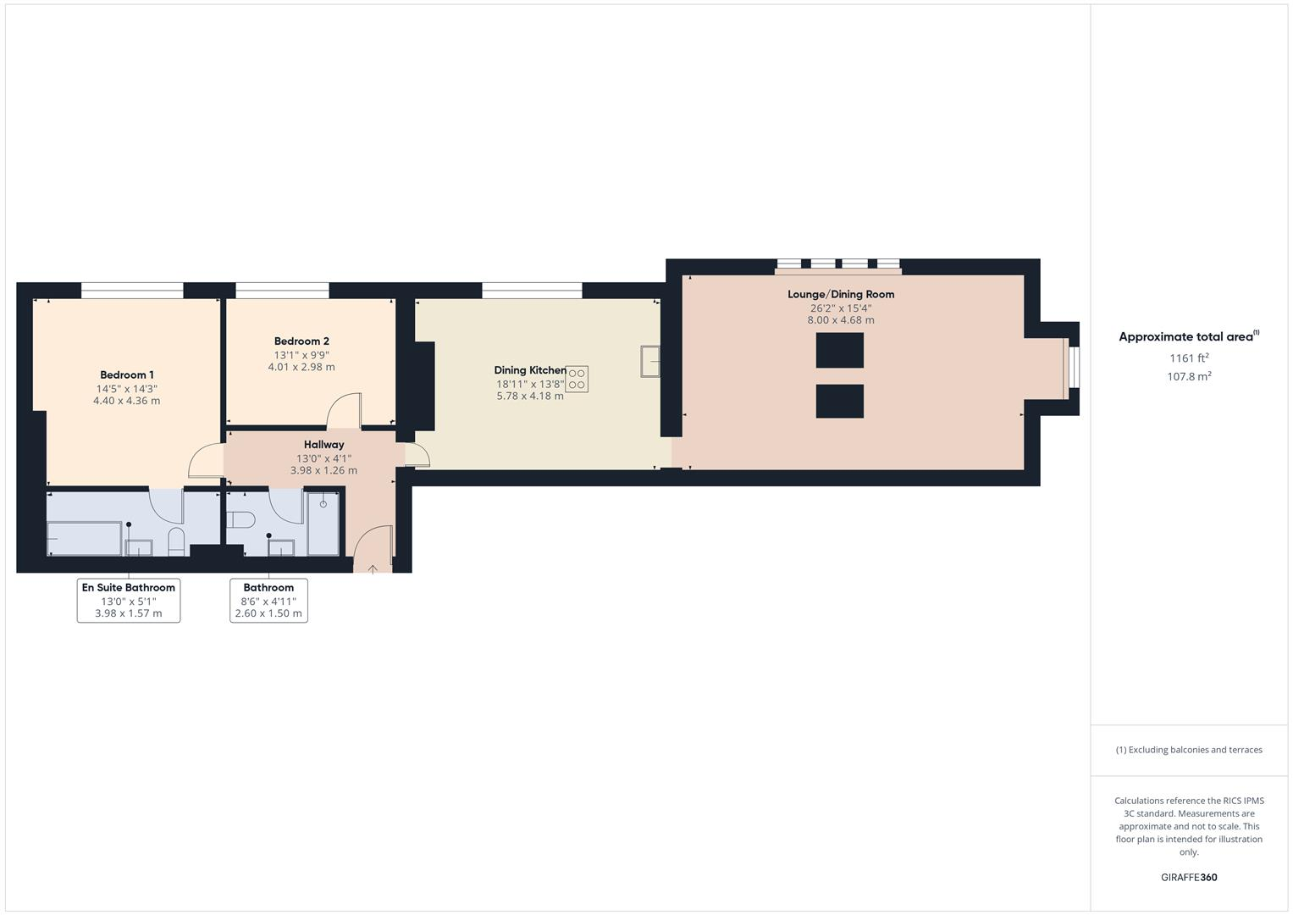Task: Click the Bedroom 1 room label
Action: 127,374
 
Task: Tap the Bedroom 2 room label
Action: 301,341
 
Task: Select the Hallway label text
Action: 323,444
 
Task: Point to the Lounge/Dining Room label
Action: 841,294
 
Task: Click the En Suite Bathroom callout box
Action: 129,600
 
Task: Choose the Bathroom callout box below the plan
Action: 268,600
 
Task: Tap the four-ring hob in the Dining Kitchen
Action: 577,379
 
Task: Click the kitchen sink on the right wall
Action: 650,360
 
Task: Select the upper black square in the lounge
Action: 839,350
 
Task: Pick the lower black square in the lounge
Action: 839,401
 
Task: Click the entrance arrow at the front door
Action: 373,568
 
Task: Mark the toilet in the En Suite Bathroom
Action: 176,541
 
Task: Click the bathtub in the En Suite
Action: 84,538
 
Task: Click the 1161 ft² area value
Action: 1189,358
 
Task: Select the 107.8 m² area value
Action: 1189,376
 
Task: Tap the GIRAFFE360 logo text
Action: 1189,877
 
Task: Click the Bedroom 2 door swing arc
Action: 345,409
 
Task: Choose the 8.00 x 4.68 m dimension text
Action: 841,320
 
